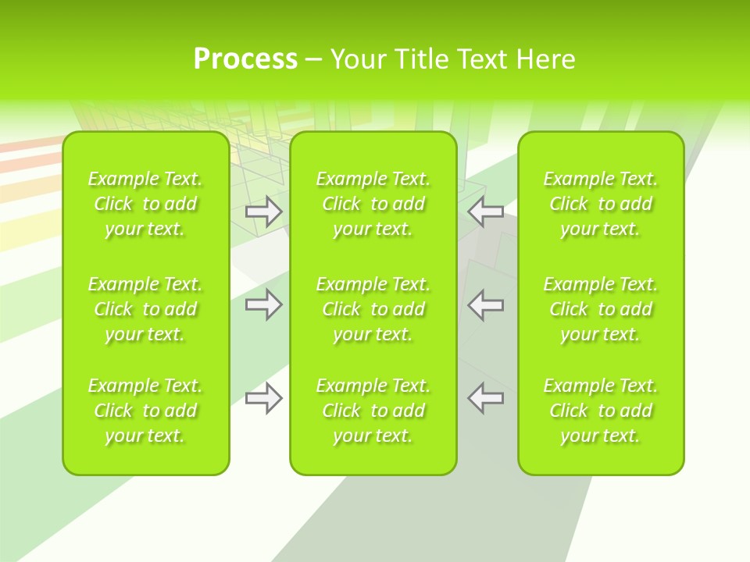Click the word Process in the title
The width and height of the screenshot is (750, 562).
[245, 59]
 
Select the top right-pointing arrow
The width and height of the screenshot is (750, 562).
[263, 212]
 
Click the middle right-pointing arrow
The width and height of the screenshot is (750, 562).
[263, 304]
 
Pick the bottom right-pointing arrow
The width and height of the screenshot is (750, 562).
[263, 398]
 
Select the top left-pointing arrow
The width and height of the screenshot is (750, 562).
[486, 212]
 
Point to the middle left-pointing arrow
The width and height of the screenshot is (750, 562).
[486, 304]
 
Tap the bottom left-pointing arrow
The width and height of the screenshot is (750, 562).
[486, 398]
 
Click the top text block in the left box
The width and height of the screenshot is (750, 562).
[145, 204]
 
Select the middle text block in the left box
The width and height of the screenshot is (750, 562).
[145, 309]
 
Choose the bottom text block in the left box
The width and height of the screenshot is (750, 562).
[145, 411]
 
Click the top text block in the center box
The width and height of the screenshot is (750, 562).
[373, 204]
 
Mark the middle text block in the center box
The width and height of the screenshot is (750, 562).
[373, 309]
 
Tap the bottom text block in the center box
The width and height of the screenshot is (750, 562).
[373, 411]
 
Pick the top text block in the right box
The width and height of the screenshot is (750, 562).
[601, 204]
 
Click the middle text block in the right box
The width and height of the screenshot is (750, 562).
[601, 309]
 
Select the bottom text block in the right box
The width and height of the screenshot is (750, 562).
[601, 411]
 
